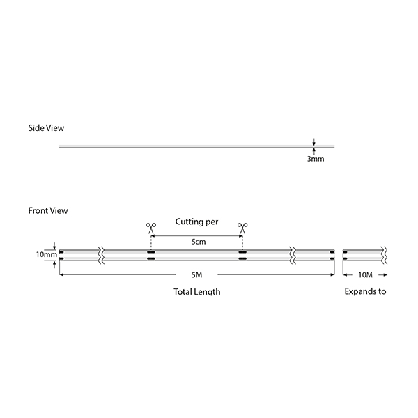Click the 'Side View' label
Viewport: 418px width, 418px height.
pyautogui.click(x=46, y=128)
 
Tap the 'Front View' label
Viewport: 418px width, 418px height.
pyautogui.click(x=48, y=210)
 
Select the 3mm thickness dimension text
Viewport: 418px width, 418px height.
pyautogui.click(x=316, y=159)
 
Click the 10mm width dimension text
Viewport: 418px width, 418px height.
pyautogui.click(x=47, y=254)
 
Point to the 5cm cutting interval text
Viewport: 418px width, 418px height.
pyautogui.click(x=199, y=242)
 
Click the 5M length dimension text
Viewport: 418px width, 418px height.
pyautogui.click(x=196, y=275)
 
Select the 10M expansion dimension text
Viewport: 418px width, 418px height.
pyautogui.click(x=365, y=275)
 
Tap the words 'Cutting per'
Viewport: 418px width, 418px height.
pyautogui.click(x=196, y=222)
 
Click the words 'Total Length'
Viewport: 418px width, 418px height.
pyautogui.click(x=197, y=292)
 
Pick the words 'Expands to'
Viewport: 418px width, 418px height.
pyautogui.click(x=365, y=291)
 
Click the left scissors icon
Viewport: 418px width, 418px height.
pyautogui.click(x=151, y=229)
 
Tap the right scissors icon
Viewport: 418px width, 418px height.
pyautogui.click(x=242, y=229)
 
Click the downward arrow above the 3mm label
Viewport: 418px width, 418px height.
pyautogui.click(x=314, y=142)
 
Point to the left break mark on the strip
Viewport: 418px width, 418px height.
pyautogui.click(x=101, y=256)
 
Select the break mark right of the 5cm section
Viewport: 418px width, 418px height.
pyautogui.click(x=293, y=256)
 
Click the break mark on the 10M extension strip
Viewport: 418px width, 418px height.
pyautogui.click(x=384, y=256)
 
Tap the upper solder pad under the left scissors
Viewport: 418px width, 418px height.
pyautogui.click(x=151, y=252)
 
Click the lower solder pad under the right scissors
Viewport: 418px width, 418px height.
pyautogui.click(x=242, y=258)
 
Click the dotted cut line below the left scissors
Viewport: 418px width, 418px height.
pyautogui.click(x=151, y=242)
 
